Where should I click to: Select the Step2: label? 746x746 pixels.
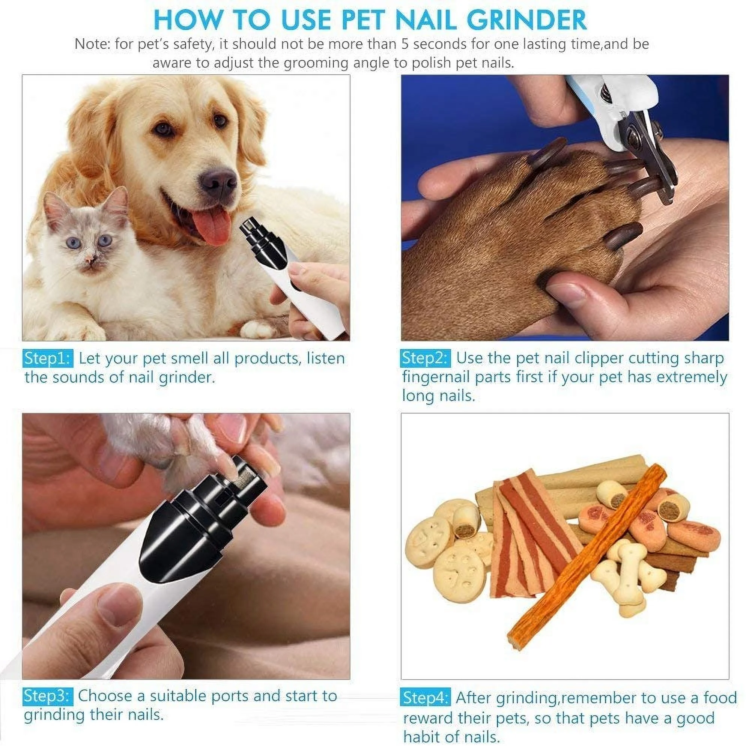click(425, 358)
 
